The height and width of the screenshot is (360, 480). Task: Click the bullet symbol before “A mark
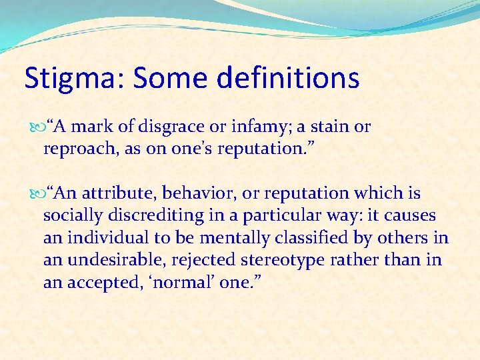37,127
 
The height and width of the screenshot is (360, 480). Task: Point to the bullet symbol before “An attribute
37,193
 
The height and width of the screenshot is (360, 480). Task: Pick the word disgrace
182,127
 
